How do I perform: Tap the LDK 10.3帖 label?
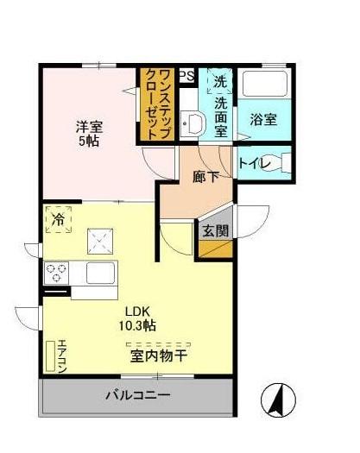(x=137, y=318)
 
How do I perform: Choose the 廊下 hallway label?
(x=205, y=178)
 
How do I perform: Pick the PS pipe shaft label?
(x=186, y=77)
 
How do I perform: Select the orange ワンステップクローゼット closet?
(x=157, y=102)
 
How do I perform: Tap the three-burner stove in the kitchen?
(x=57, y=274)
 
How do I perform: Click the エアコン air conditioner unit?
(x=52, y=357)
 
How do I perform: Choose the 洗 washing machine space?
(x=220, y=82)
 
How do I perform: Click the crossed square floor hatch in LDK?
(x=101, y=237)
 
